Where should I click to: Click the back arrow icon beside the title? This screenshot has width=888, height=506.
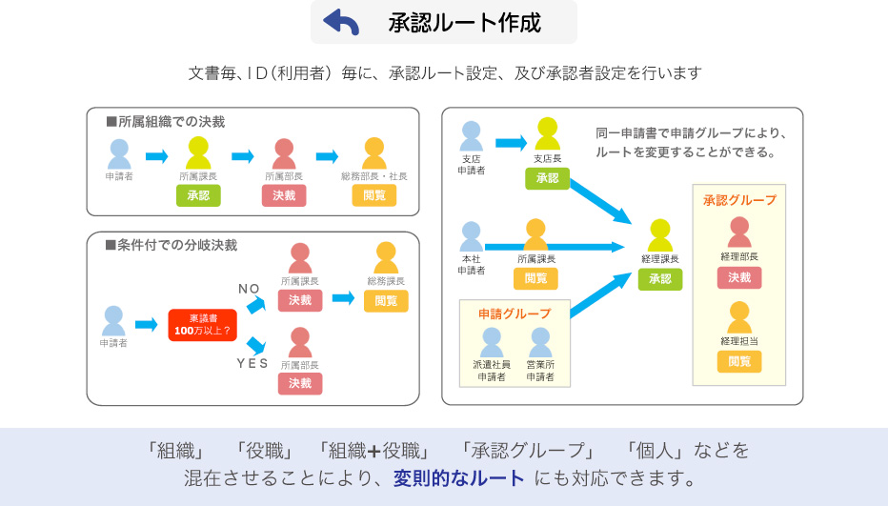click(341, 22)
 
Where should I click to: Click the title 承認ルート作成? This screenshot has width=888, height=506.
click(464, 22)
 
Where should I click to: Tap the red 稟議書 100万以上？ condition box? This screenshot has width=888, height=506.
click(202, 325)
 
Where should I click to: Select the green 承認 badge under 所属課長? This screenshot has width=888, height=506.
click(198, 195)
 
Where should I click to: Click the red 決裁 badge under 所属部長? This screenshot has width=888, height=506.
click(284, 195)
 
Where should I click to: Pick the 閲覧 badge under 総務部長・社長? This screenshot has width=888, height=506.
click(374, 195)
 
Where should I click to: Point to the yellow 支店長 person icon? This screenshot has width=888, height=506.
click(547, 133)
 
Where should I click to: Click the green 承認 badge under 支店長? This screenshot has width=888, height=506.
click(547, 178)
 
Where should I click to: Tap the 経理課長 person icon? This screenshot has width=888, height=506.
click(660, 235)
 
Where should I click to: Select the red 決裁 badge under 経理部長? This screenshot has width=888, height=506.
click(739, 277)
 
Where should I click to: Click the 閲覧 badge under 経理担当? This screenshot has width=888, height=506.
click(739, 361)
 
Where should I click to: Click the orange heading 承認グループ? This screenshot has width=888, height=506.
click(739, 200)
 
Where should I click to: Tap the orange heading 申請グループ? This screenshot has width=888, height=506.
click(515, 314)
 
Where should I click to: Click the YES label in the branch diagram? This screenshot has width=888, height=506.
click(252, 363)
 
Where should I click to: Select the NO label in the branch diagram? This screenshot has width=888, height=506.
click(249, 289)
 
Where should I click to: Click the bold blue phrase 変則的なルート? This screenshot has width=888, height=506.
click(459, 477)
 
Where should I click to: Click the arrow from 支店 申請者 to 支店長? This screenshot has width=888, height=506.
click(511, 144)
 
